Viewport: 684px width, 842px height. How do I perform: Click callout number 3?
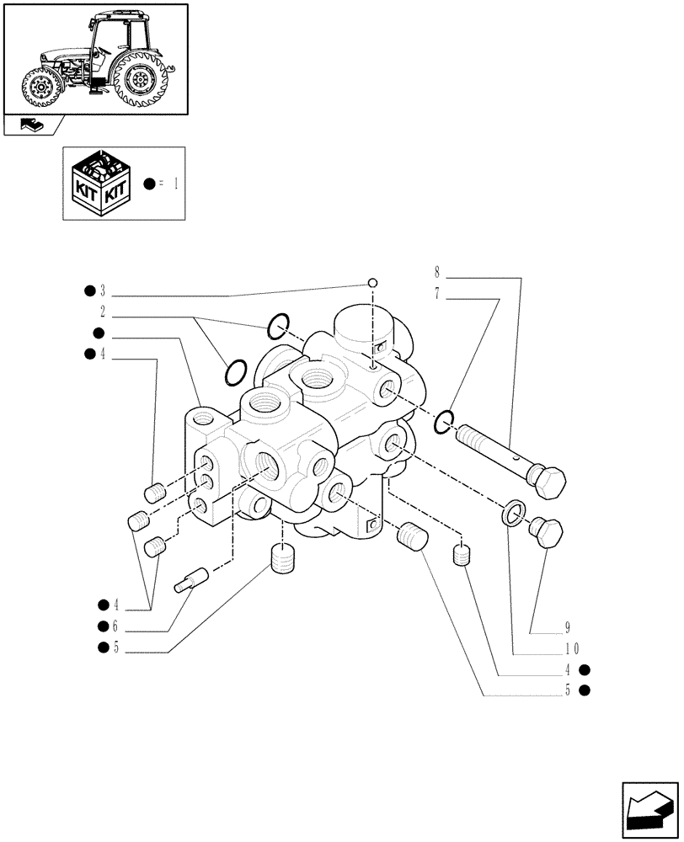(103, 291)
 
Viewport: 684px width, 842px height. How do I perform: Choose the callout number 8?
(436, 272)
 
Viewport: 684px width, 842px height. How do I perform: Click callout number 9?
(568, 627)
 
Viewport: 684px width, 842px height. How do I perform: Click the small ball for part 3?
(373, 283)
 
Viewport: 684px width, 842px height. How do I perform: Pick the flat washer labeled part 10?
(513, 514)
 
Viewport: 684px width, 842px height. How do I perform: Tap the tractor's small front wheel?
(39, 88)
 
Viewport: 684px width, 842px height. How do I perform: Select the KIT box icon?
(99, 184)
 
